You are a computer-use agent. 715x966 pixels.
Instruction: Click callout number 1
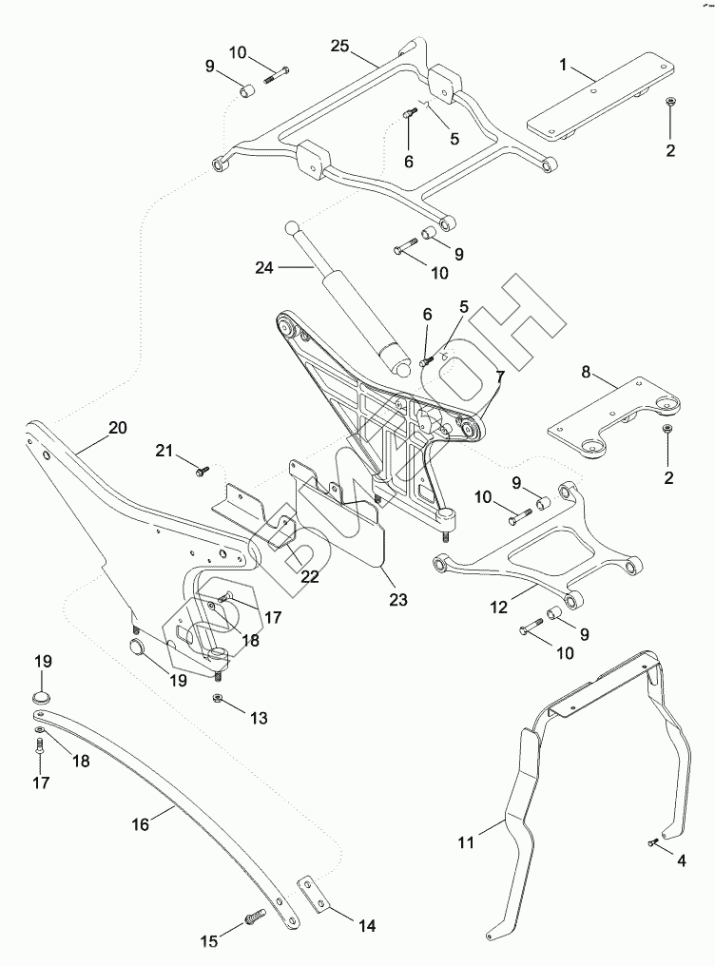564,65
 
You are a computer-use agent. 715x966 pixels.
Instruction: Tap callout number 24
264,268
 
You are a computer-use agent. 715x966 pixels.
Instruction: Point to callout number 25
340,46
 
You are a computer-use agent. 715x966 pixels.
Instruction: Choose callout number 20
117,428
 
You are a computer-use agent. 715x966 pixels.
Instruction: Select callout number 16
140,824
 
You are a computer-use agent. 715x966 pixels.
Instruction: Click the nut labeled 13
218,700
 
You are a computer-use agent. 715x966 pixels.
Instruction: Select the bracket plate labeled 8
614,418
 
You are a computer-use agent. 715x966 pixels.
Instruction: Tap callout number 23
397,600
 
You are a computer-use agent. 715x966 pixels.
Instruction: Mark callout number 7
499,378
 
